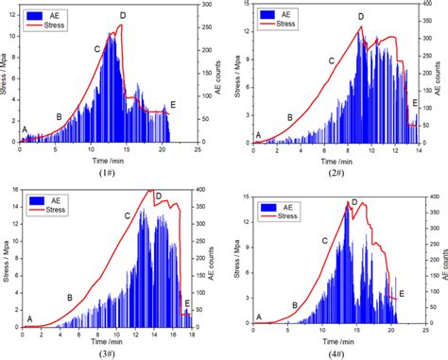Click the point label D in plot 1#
coord(122,16)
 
